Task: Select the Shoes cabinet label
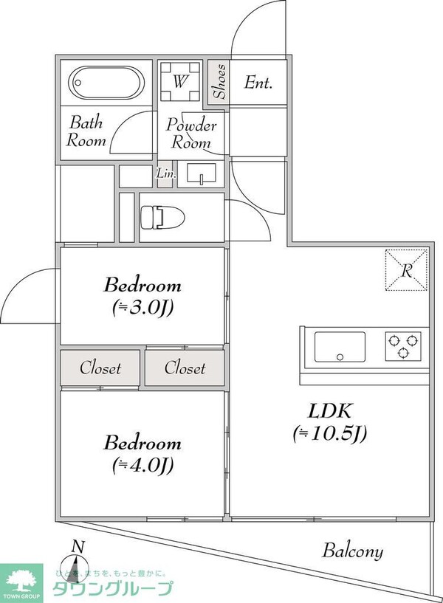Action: tap(219, 81)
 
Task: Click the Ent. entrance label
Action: tap(258, 83)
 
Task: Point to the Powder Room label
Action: tap(190, 134)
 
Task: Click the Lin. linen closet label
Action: tap(164, 175)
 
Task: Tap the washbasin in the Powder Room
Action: tap(200, 175)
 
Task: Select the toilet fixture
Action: tap(159, 216)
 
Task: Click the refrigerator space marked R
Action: tap(406, 270)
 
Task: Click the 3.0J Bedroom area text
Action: tap(142, 306)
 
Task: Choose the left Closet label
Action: tap(100, 368)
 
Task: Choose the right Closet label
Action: tap(185, 368)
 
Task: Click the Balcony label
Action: tap(352, 551)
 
